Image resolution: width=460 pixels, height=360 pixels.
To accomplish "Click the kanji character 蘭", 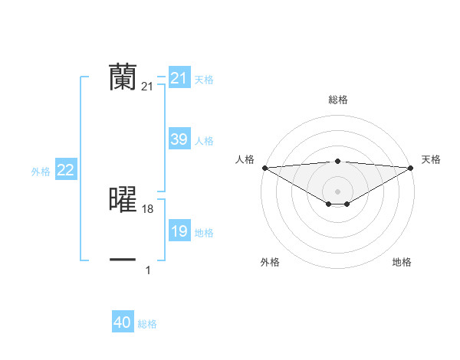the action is click(123, 77).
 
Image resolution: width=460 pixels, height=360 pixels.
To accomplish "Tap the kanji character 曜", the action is click(123, 199).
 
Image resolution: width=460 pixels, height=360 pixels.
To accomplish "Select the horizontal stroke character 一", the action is click(123, 260).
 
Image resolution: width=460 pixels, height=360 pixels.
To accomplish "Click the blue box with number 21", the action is click(179, 78).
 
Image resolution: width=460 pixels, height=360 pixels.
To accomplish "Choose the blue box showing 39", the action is click(179, 139).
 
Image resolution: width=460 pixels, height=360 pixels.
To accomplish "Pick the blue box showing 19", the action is click(179, 231).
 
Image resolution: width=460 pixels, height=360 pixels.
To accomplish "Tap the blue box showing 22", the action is click(65, 170).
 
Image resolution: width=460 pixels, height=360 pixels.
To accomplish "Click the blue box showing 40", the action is click(123, 322).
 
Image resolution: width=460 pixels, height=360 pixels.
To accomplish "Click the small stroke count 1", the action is click(148, 270).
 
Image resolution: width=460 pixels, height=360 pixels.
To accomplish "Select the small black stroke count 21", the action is click(147, 87).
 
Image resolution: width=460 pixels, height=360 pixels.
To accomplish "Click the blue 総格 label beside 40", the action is click(147, 324).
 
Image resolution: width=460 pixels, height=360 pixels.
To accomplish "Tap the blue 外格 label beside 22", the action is click(41, 172).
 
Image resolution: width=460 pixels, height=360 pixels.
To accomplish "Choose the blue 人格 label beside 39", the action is click(204, 141).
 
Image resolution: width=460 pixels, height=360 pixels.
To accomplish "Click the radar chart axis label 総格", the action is click(337, 100).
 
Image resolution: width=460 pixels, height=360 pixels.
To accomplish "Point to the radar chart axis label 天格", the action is click(431, 159).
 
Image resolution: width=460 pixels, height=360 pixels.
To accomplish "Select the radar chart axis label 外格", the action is click(270, 262).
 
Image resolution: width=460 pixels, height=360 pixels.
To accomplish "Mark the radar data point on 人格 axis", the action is click(264, 168).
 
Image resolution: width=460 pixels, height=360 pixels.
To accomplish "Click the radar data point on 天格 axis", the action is click(410, 168).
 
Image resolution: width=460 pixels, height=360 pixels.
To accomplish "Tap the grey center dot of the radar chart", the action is click(337, 191).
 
